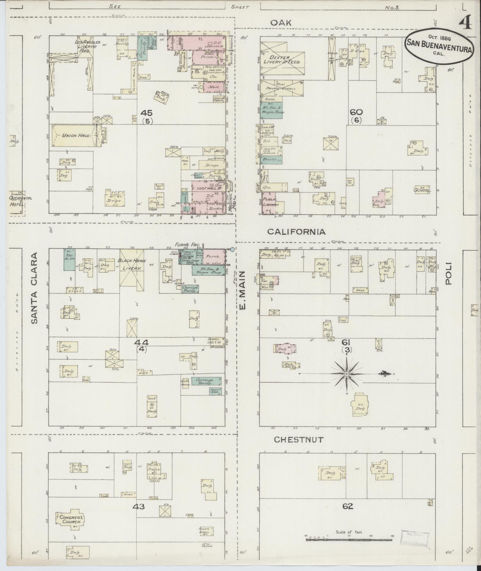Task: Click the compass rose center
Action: (x=347, y=374)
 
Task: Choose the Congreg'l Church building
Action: (x=69, y=519)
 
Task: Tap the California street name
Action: (x=296, y=232)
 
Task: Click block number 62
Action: (x=348, y=506)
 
